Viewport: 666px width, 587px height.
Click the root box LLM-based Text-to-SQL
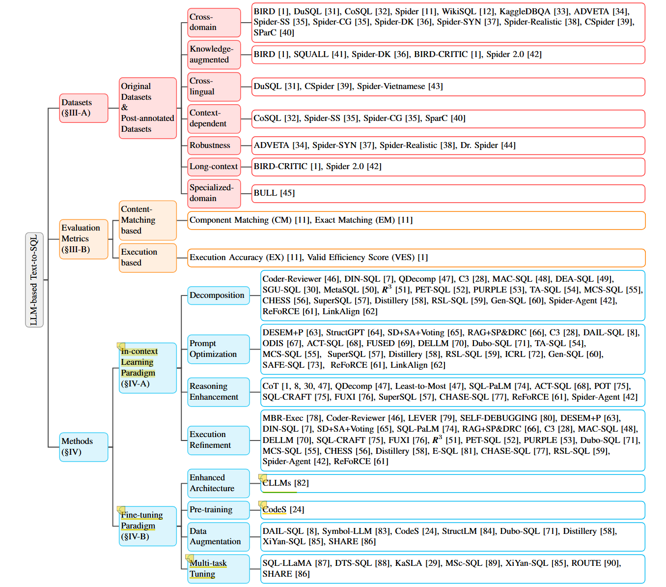34,280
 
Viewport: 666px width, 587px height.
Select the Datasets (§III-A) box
83,108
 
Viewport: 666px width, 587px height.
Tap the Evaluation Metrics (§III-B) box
83,239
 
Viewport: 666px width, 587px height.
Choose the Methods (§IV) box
83,447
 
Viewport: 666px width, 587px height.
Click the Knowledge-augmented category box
214,55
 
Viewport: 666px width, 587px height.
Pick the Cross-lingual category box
214,87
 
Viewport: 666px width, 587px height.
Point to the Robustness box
214,146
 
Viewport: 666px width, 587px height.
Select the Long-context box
214,167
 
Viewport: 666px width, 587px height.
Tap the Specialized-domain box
214,193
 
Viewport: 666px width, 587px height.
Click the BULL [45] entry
274,193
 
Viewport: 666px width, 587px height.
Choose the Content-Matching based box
147,220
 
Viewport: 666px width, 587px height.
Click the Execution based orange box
147,258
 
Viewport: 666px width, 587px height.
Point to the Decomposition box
218,295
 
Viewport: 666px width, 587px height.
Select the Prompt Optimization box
218,349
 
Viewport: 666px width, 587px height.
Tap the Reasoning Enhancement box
218,392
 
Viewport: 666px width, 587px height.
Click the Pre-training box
218,510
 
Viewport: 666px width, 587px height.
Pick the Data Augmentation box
218,536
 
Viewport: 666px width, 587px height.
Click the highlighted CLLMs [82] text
285,483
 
